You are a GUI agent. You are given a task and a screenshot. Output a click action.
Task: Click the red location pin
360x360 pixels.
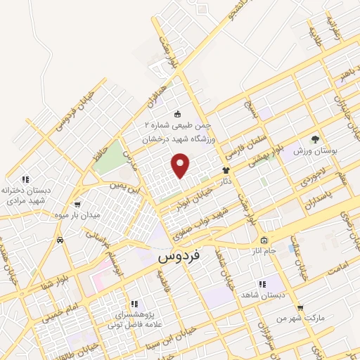[181, 166]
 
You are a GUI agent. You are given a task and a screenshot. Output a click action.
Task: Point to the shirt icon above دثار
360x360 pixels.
[226, 170]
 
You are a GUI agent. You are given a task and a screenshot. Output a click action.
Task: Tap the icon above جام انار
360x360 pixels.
[264, 240]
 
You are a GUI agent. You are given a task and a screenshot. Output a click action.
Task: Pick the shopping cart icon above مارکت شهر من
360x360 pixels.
[300, 308]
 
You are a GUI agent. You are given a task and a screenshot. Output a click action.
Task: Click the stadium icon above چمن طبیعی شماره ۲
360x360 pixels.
[177, 114]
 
